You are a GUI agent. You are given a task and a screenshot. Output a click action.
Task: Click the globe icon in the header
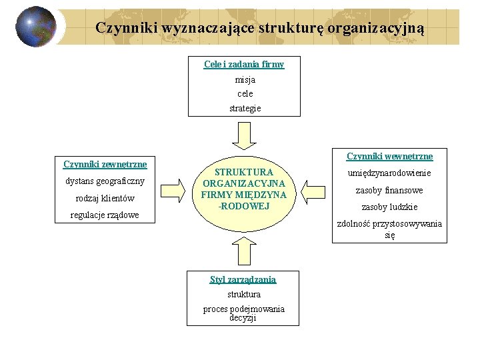36,27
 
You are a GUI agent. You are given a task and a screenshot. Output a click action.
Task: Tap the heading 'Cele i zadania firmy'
244,65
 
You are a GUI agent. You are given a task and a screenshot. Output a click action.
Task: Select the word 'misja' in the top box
245,79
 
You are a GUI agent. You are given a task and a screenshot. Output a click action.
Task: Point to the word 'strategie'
245,108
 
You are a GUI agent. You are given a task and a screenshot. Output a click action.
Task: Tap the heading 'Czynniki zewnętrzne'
105,164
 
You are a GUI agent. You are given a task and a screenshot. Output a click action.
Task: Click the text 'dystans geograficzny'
105,181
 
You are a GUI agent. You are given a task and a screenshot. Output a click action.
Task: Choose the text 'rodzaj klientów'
105,198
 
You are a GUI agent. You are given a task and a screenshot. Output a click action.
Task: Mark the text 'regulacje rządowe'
105,215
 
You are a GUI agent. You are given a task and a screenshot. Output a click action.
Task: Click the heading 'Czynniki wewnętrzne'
389,156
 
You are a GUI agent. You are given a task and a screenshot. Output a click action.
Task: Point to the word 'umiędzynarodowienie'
389,173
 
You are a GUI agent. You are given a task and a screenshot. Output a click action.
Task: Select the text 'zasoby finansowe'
389,190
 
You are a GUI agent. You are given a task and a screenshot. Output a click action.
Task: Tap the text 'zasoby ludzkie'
389,207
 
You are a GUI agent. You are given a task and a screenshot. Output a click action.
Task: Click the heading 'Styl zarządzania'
243,279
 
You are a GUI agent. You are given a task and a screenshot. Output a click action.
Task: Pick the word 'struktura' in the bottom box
244,294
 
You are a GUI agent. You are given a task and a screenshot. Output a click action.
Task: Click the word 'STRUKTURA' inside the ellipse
244,171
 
